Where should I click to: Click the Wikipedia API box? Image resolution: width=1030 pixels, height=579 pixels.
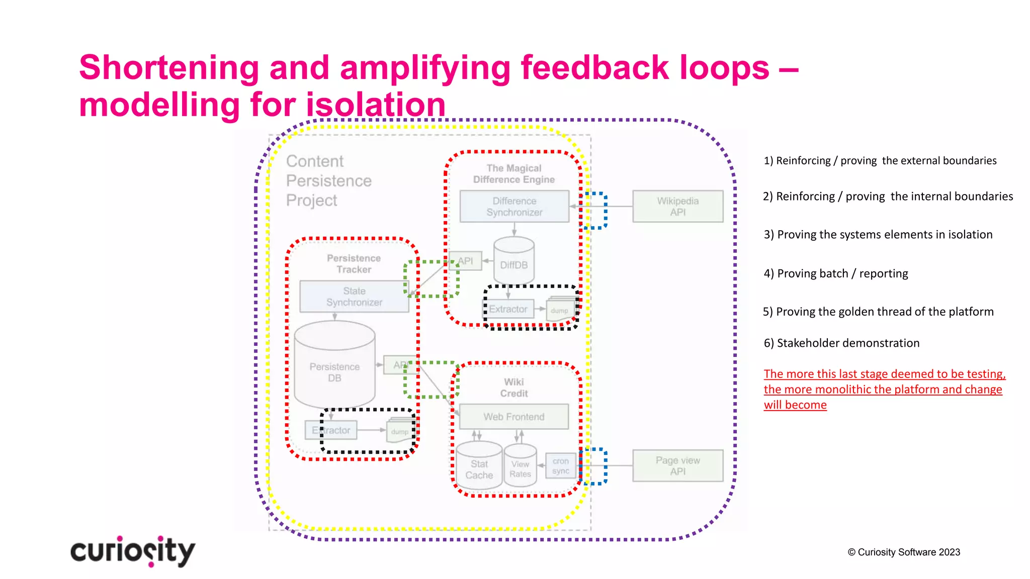coord(677,206)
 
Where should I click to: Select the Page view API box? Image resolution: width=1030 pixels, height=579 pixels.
coord(677,465)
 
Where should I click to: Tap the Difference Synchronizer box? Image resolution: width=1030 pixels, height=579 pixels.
coord(514,206)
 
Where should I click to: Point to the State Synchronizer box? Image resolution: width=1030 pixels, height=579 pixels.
coord(354,297)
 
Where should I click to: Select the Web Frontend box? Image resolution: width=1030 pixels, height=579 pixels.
coord(513,417)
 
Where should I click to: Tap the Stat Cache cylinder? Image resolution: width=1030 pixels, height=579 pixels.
coord(479,467)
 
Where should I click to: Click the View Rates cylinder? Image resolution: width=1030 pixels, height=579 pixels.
coord(520,467)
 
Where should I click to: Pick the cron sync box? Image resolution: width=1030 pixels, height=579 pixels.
coord(560,466)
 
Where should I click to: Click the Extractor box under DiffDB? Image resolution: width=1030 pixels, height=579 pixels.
coord(508,309)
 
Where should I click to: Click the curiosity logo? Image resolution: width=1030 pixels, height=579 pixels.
coord(132,551)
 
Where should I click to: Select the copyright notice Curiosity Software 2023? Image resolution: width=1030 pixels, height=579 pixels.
coord(904,552)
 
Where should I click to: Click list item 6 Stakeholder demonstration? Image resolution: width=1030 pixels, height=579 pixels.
coord(841,343)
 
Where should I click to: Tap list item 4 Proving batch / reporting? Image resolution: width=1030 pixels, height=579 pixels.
coord(836,273)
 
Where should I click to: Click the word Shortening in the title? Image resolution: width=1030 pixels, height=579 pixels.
coord(168,67)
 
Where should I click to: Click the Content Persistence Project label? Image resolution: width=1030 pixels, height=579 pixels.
coord(328,180)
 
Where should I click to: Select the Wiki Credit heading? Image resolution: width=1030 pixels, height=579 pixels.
coord(513,388)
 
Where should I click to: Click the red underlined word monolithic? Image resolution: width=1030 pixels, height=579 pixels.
coord(843,390)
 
